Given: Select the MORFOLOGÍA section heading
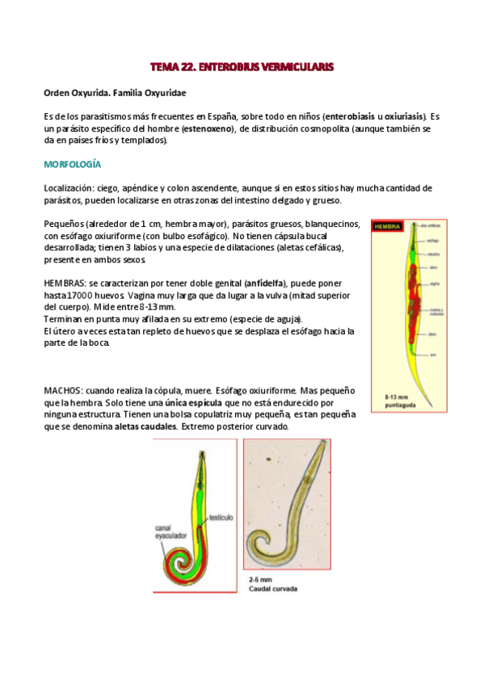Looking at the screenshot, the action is pos(72,164).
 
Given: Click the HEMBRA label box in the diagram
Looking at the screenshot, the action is pos(388,227).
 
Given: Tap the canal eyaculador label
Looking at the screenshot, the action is pos(170,533).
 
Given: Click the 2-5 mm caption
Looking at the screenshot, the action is pos(259,579).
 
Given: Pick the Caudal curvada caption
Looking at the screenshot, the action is pos(273,588).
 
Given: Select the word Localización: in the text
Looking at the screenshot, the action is pos(74,188).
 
